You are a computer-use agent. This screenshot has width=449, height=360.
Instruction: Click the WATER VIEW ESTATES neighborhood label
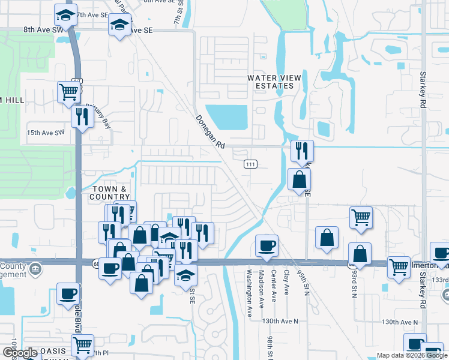coord(272,82)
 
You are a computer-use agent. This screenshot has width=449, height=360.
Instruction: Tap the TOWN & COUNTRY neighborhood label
coord(110,193)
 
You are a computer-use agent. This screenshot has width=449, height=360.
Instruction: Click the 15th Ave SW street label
coord(44,133)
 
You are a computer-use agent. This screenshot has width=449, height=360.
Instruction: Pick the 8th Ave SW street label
coord(43,29)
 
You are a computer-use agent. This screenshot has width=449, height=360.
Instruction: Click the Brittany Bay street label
coord(98,115)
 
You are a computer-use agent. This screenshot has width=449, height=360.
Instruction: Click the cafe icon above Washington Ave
coord(267,245)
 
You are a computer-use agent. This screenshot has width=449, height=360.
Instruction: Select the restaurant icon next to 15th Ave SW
coord(81,116)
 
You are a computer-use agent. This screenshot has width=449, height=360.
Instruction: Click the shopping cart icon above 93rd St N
coord(361,217)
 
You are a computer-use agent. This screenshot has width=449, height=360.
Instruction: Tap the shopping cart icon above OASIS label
coord(82,345)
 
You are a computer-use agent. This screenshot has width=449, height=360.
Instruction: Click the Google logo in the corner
coord(19,353)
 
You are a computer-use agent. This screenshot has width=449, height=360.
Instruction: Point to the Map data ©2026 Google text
coord(412,355)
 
